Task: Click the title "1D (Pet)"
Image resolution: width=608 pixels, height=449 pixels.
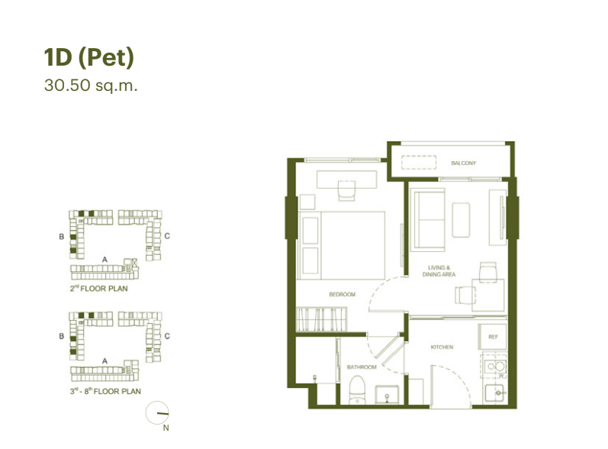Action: (x=88, y=58)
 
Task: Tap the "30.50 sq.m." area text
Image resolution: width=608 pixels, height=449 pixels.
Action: (x=91, y=86)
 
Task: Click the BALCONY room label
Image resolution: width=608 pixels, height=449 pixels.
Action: (x=463, y=163)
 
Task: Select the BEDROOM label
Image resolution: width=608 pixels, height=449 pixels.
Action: (x=342, y=295)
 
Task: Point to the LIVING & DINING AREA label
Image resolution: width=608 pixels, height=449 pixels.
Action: (x=439, y=271)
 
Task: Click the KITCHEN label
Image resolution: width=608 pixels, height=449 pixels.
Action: (x=442, y=347)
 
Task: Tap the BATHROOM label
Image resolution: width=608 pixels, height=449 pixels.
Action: (x=362, y=367)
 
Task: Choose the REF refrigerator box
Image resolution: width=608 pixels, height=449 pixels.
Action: (x=493, y=337)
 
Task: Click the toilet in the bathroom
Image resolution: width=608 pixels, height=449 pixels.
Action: (x=357, y=390)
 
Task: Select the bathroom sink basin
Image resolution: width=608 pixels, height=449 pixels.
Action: (x=387, y=395)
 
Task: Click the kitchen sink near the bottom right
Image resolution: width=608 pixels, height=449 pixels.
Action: (x=494, y=393)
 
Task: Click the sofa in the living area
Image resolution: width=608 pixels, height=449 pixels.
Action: (x=429, y=220)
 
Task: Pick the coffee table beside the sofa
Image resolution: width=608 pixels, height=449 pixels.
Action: (x=461, y=220)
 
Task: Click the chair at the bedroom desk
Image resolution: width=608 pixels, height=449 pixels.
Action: (x=346, y=191)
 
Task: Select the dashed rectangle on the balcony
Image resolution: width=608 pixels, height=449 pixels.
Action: (x=419, y=163)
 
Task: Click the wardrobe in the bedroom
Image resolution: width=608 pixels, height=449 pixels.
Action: (x=321, y=319)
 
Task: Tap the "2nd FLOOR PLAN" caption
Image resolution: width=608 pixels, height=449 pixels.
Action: (x=99, y=289)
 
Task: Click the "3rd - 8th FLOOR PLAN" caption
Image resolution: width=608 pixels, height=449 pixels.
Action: (x=105, y=391)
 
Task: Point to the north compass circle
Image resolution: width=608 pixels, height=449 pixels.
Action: (x=157, y=412)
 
